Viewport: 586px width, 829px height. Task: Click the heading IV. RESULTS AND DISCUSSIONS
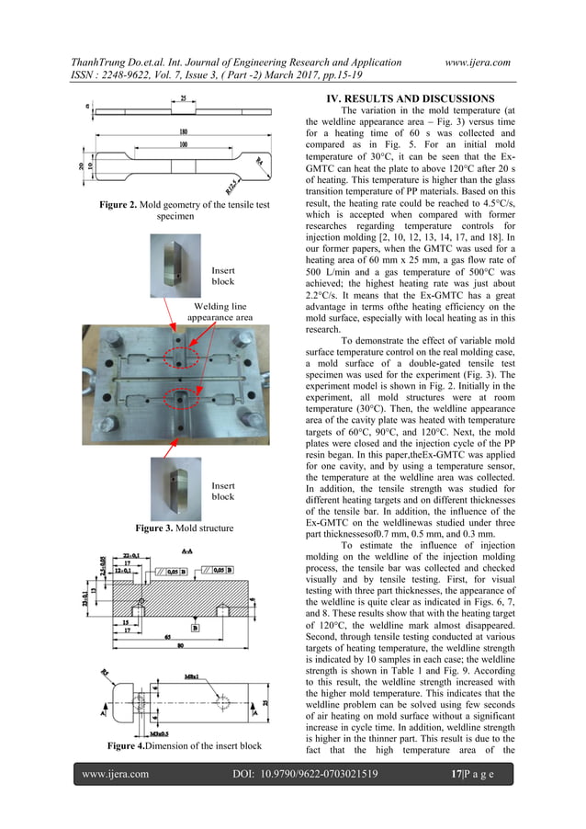(x=404, y=98)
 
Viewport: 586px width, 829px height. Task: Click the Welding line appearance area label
(x=220, y=312)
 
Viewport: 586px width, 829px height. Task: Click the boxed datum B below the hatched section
(x=196, y=627)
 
